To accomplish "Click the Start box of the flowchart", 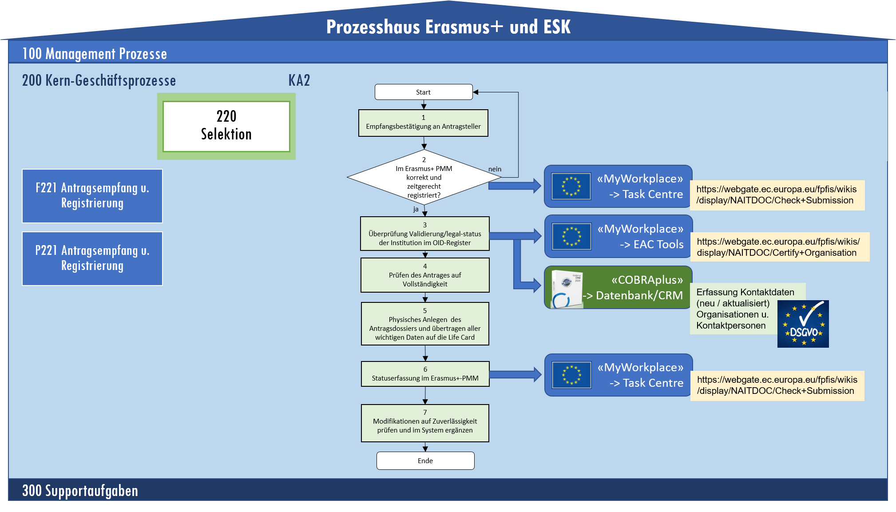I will pyautogui.click(x=424, y=92).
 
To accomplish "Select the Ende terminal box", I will pyautogui.click(x=425, y=460).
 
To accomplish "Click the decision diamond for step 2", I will pyautogui.click(x=424, y=178).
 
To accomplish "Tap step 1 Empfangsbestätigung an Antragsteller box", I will pyautogui.click(x=423, y=123).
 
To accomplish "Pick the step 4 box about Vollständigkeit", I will pyautogui.click(x=425, y=275).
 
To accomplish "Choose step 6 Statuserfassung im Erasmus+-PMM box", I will pyautogui.click(x=425, y=374).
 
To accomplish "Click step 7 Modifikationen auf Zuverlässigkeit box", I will pyautogui.click(x=425, y=423).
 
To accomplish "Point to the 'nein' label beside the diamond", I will pyautogui.click(x=495, y=169).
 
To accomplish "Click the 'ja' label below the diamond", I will pyautogui.click(x=416, y=209).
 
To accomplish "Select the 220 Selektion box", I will pyautogui.click(x=226, y=126).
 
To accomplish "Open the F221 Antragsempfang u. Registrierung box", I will pyautogui.click(x=92, y=196).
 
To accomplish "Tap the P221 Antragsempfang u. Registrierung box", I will pyautogui.click(x=92, y=258).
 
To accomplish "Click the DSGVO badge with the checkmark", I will pyautogui.click(x=803, y=324).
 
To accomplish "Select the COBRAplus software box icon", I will pyautogui.click(x=567, y=289).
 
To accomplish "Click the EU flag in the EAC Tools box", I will pyautogui.click(x=571, y=237).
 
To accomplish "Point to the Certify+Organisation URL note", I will pyautogui.click(x=780, y=247).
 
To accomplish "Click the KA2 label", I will pyautogui.click(x=299, y=80).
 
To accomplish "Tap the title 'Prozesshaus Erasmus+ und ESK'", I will pyautogui.click(x=448, y=27).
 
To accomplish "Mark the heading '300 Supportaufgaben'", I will pyautogui.click(x=80, y=491).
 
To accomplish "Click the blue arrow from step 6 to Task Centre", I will pyautogui.click(x=515, y=374).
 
